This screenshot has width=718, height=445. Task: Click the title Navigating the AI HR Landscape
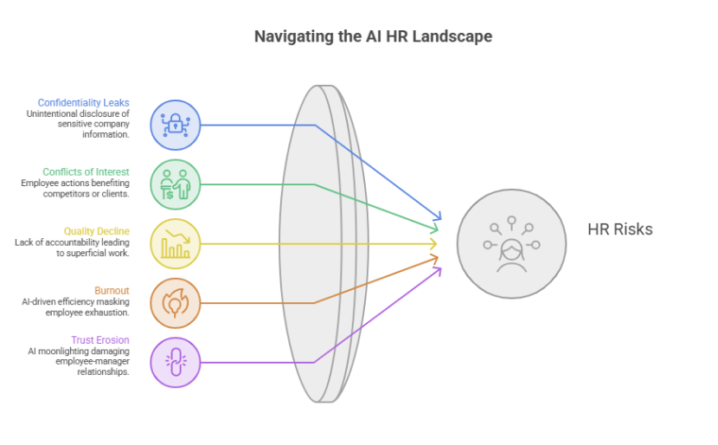click(x=373, y=36)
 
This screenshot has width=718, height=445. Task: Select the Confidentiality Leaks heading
click(x=83, y=103)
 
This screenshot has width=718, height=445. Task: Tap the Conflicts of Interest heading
click(x=87, y=172)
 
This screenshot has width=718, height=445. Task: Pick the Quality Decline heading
click(x=97, y=231)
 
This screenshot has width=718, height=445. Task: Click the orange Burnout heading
click(x=112, y=291)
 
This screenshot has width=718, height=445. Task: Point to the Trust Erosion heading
click(x=100, y=340)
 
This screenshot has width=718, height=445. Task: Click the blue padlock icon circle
click(x=176, y=125)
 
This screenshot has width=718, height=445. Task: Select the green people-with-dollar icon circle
click(x=176, y=184)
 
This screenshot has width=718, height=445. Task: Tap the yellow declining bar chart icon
click(x=176, y=244)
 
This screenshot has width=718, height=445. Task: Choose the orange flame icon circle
click(x=176, y=303)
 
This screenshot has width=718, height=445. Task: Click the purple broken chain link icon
click(x=176, y=363)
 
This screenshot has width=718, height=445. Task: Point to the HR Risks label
click(x=620, y=229)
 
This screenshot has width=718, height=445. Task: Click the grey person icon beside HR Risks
click(x=511, y=244)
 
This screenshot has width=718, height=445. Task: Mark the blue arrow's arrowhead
click(x=439, y=216)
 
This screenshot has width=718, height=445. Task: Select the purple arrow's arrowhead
click(x=439, y=271)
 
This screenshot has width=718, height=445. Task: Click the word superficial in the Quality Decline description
click(x=89, y=253)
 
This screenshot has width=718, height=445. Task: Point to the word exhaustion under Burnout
click(x=107, y=313)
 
